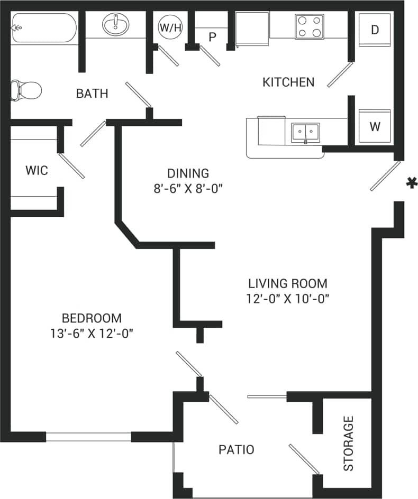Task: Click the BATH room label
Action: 92,94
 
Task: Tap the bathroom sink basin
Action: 115,25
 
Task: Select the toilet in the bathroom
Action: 26,90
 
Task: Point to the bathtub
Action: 44,28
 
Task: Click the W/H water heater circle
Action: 170,27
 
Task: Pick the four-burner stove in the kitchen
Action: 310,26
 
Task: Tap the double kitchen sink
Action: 305,132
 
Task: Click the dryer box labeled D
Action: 375,30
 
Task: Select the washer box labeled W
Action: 375,126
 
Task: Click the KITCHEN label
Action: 288,82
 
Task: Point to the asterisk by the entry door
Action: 410,183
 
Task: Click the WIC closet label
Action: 37,170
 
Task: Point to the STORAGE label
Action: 348,443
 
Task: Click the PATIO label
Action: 237,449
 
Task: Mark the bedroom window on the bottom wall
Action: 88,437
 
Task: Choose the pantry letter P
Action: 213,36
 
